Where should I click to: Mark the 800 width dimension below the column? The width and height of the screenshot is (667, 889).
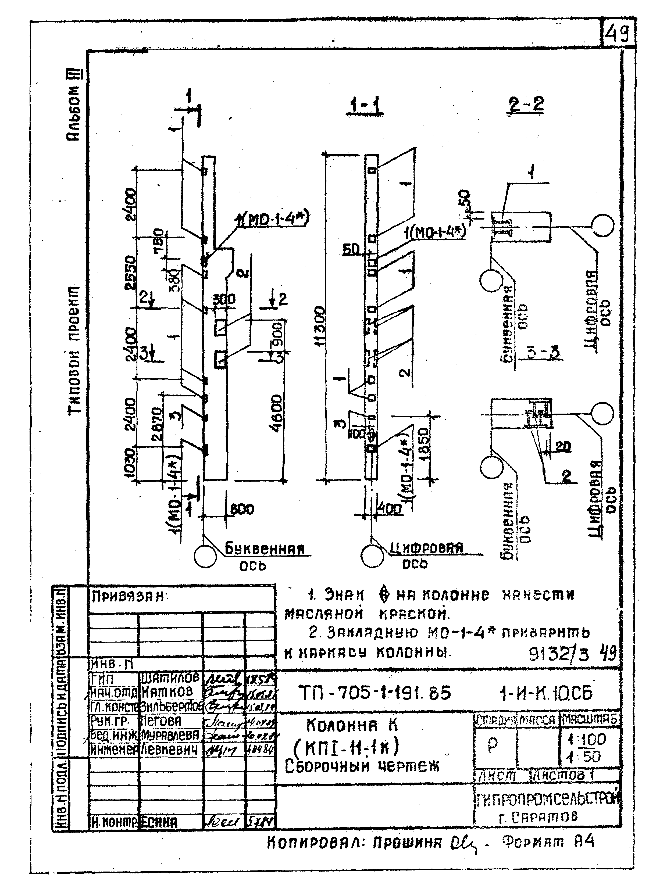(242, 509)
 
